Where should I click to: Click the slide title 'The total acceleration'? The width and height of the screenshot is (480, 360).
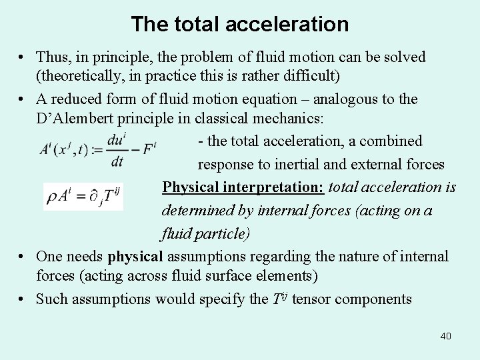click(x=240, y=25)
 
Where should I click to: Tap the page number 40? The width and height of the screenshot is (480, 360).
click(x=445, y=336)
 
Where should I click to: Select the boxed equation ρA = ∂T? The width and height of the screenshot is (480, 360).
click(x=84, y=196)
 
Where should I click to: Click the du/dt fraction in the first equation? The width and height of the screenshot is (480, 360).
click(x=117, y=151)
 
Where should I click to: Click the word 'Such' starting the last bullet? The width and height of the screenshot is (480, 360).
click(x=50, y=299)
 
